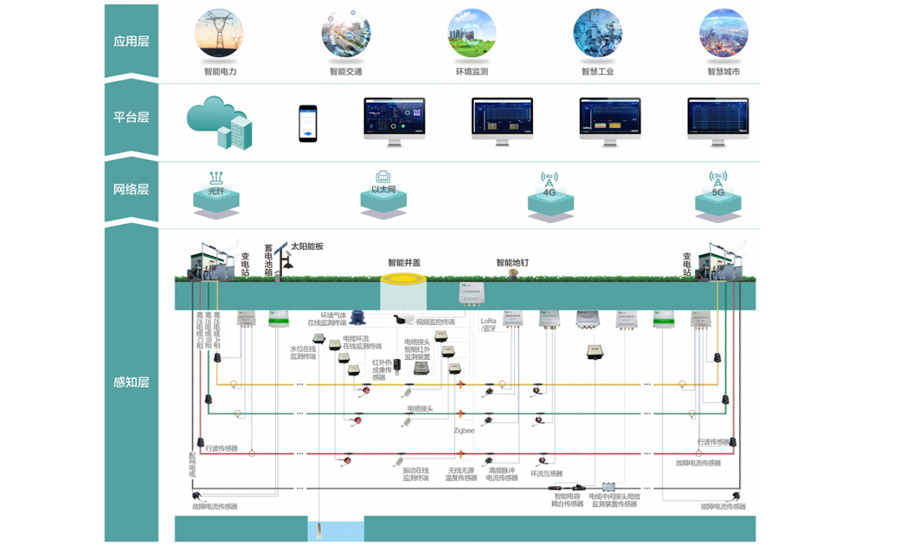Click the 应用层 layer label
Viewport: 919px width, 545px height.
pos(132,42)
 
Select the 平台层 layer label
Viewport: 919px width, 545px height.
pos(132,118)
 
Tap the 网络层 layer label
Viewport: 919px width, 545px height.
pos(132,189)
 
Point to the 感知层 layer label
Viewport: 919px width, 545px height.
pos(132,381)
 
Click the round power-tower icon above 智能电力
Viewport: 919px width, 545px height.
pos(220,34)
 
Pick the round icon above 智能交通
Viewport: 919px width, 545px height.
pos(345,34)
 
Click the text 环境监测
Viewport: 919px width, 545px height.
pos(472,72)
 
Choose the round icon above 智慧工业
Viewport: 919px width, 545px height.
pos(597,34)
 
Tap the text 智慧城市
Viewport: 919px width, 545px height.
pos(723,72)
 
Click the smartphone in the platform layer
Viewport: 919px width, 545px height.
pos(308,123)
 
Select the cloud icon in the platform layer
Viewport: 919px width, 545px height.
pos(219,122)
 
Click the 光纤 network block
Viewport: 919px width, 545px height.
pos(216,196)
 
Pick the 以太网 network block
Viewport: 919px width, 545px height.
pos(383,195)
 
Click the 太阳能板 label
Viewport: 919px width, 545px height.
pos(307,247)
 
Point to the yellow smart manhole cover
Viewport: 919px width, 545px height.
pos(404,279)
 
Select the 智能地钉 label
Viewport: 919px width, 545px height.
pos(512,263)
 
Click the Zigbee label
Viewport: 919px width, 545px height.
pos(464,430)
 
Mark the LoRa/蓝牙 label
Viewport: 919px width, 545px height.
pos(489,324)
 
